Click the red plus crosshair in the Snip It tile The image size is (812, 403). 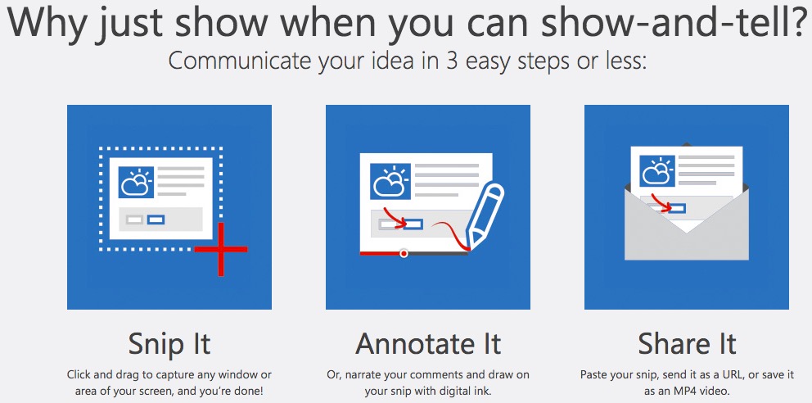point(221,249)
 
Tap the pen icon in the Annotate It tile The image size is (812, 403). point(485,214)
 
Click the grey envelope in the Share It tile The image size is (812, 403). point(687,222)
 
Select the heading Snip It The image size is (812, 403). point(169,343)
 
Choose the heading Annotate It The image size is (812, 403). point(428,343)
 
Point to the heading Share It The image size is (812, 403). point(687,343)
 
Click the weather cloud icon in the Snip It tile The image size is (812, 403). point(136,182)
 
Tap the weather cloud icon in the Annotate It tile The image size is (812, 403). point(390,182)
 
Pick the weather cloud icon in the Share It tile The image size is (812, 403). point(657,171)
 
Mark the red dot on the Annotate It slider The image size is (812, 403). point(404,253)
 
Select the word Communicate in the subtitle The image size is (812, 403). point(241,61)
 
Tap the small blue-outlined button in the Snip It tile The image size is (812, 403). point(156,220)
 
